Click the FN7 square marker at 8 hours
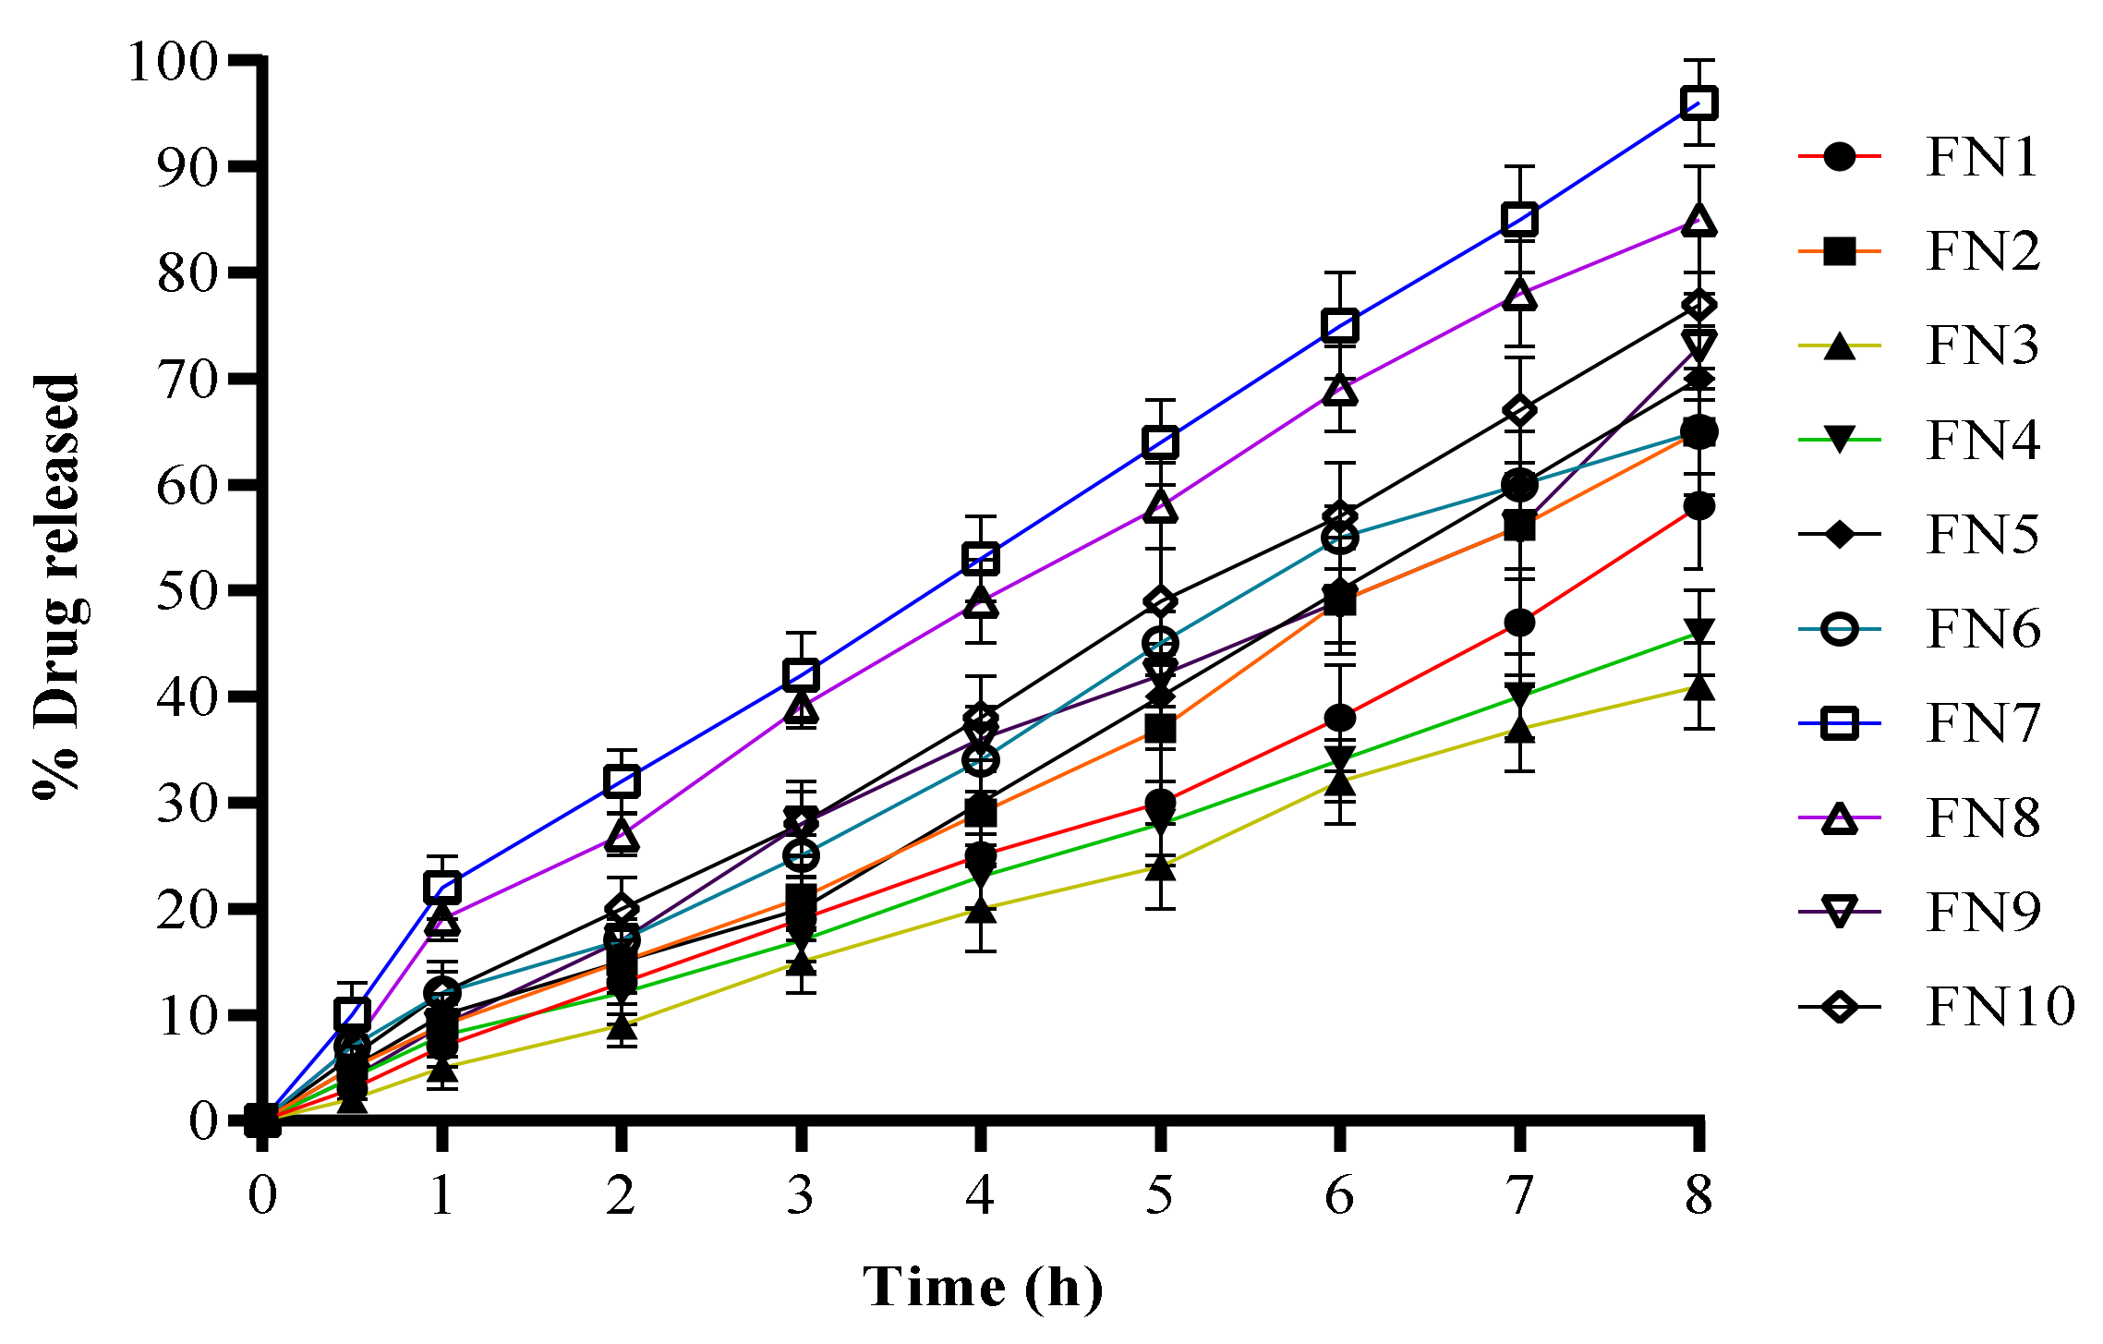pos(1698,103)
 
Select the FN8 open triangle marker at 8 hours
pos(1698,221)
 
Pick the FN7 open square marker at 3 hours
pos(801,674)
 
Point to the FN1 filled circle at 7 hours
pos(1519,623)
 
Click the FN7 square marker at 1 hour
pos(442,888)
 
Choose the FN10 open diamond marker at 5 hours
pos(1160,601)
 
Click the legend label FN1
pos(1982,157)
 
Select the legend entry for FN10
pos(2000,1006)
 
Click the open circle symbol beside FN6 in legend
pos(1840,629)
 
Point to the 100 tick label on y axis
pos(172,63)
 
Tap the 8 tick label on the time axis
pos(1698,1194)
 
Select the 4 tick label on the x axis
pos(980,1194)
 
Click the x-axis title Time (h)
pos(983,1287)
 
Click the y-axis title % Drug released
pos(57,586)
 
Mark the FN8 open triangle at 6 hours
pos(1339,391)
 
